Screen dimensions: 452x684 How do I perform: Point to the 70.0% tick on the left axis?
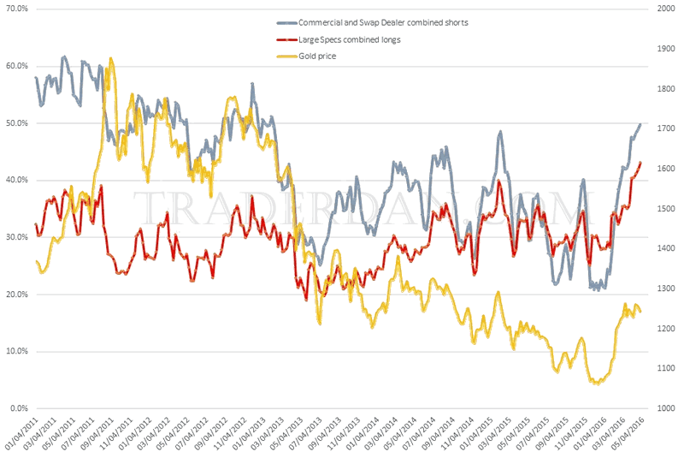pyautogui.click(x=16, y=9)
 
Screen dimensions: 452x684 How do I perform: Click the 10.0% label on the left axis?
pyautogui.click(x=16, y=351)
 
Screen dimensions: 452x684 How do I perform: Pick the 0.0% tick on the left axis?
pyautogui.click(x=19, y=408)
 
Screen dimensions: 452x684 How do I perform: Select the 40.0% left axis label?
pyautogui.click(x=16, y=180)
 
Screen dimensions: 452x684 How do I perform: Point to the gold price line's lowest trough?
pyautogui.click(x=596, y=384)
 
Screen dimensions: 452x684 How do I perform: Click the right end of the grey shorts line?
pyautogui.click(x=640, y=125)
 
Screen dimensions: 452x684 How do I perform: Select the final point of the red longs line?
pyautogui.click(x=640, y=162)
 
